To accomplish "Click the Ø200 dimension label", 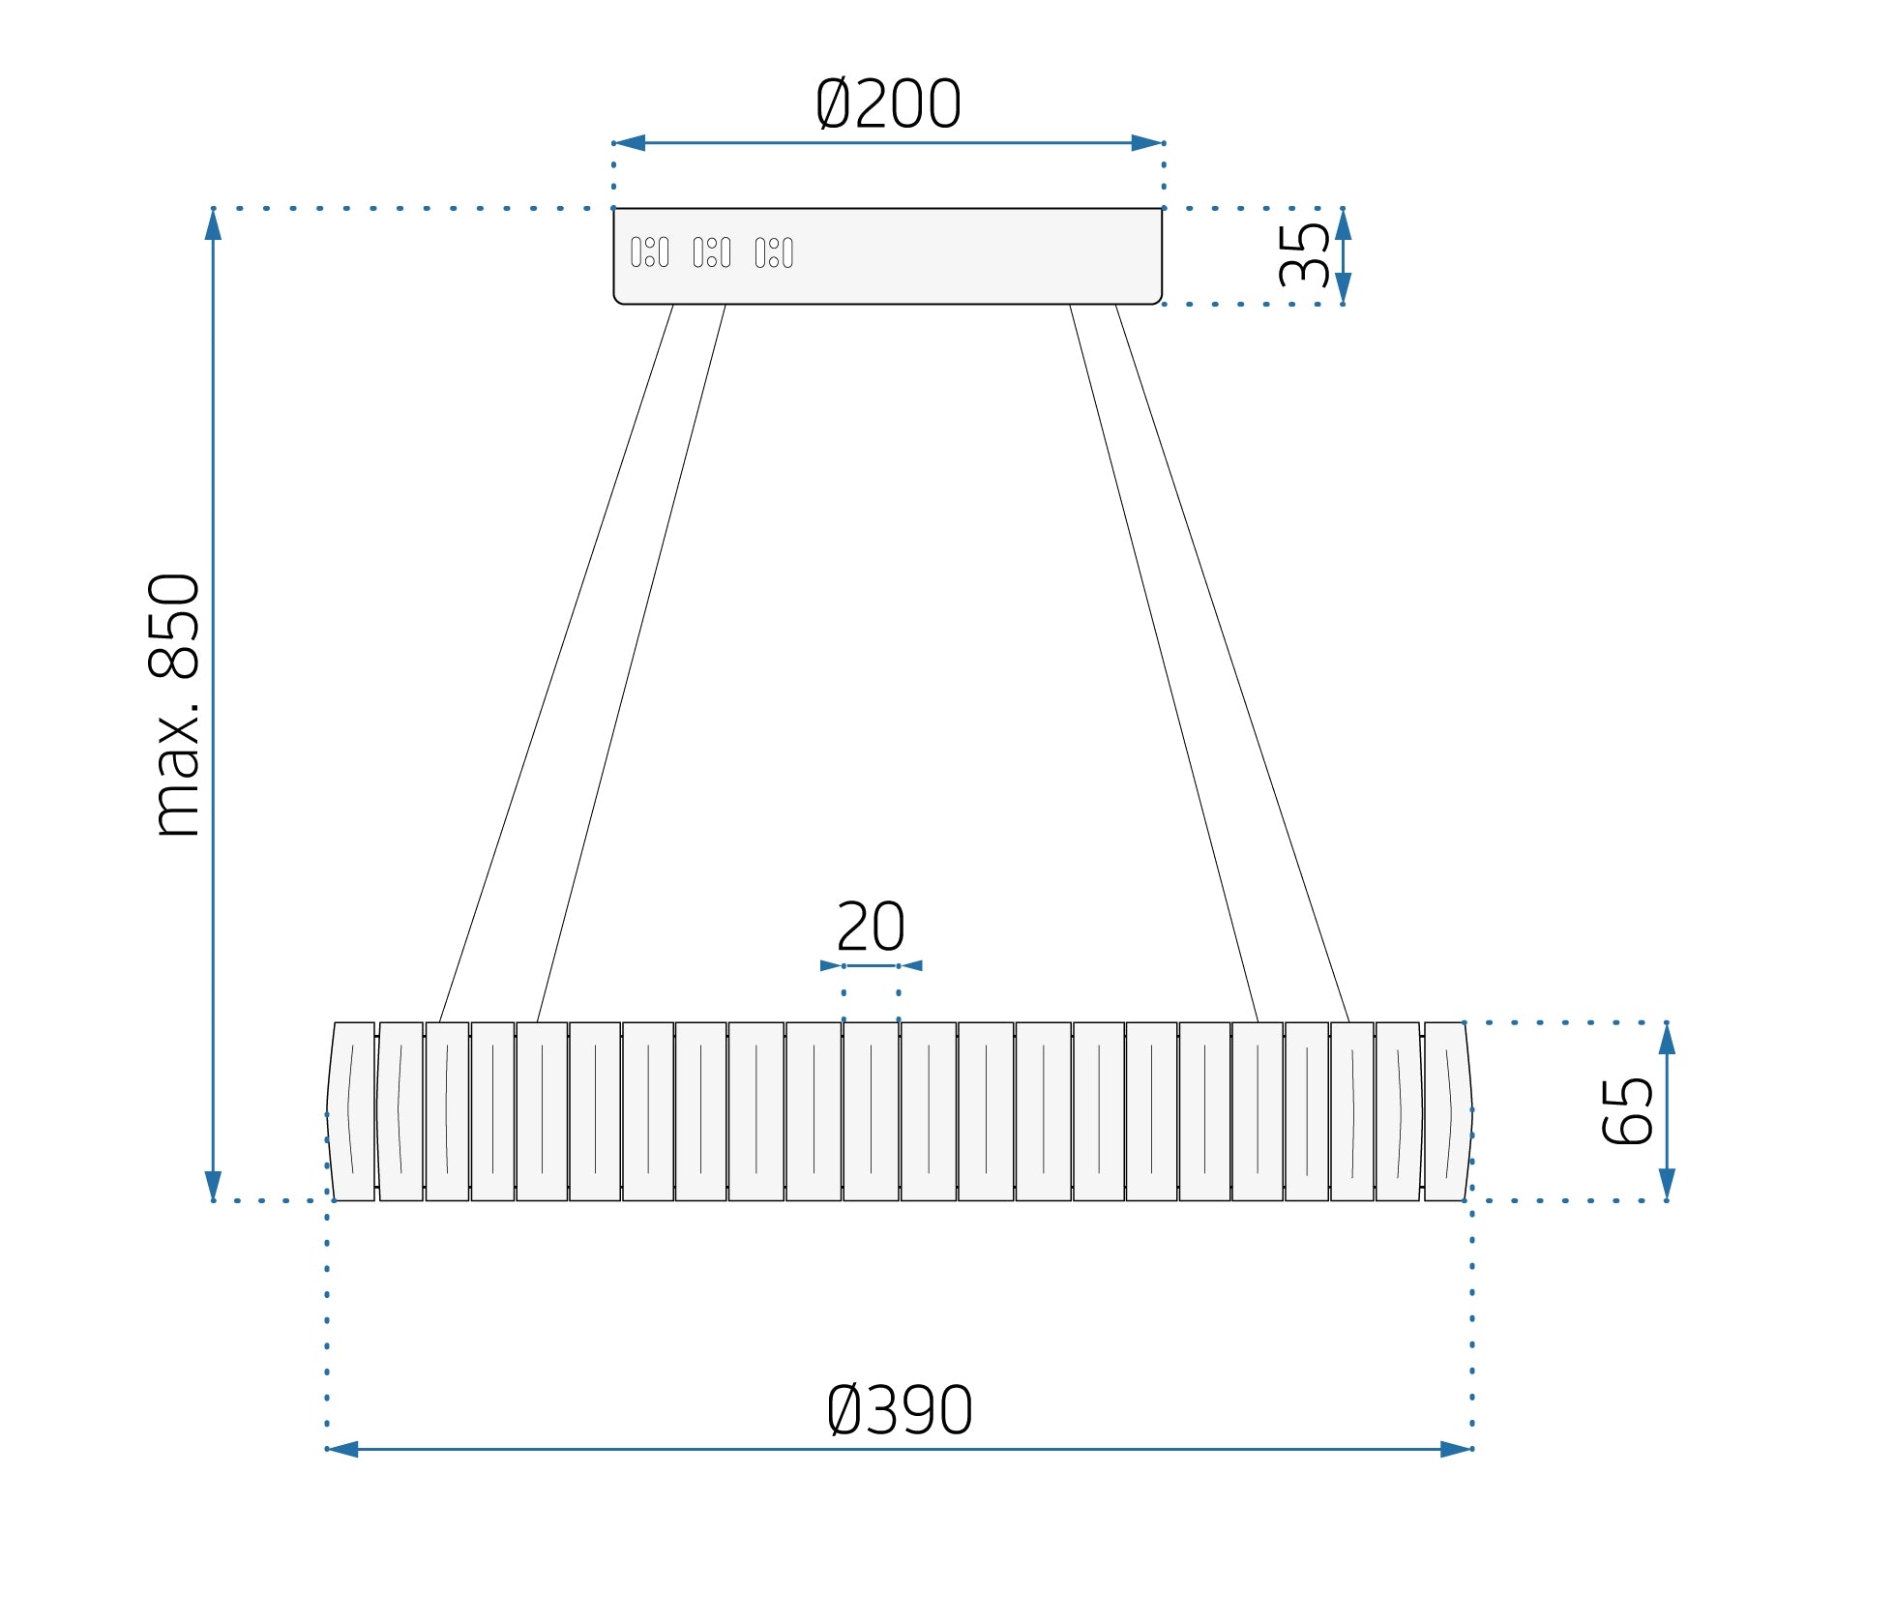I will coord(888,103).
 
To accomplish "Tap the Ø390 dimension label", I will coord(900,1410).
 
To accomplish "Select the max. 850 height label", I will coord(175,704).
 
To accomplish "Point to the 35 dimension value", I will coord(1303,255).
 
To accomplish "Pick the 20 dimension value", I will coord(871,927).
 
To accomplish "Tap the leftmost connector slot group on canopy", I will coord(649,252).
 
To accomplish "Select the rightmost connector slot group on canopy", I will coord(774,252).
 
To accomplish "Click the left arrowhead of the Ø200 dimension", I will coord(630,143).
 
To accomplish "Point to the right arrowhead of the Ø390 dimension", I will coord(1456,1449).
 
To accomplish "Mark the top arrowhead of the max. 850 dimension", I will coord(213,224).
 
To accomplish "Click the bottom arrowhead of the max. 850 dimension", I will coord(213,1185).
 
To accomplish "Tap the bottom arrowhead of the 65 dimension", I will coord(1667,1184).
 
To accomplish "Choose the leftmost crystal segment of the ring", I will coord(351,1111).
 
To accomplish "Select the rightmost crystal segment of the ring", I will coord(1448,1111).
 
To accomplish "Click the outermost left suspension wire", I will coord(555,664).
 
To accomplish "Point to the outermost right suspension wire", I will coord(1232,664).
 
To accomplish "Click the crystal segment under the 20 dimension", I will coord(871,1111).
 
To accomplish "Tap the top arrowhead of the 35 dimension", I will coord(1343,224).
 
